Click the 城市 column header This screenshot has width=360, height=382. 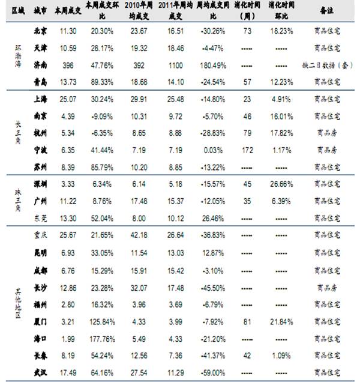[40, 11]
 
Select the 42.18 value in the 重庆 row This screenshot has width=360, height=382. [139, 235]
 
